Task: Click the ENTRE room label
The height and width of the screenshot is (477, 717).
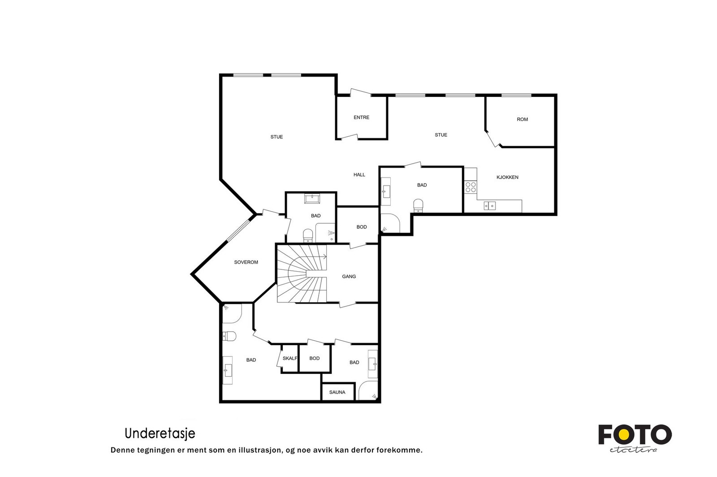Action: point(361,117)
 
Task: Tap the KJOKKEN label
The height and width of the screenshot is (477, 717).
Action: point(507,177)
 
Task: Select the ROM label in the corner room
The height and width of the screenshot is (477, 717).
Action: point(522,119)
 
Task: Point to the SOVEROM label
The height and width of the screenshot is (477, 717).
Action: point(246,262)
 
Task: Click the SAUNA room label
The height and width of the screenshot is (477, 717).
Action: point(337,392)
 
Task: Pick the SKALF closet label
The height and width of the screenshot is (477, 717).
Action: point(290,358)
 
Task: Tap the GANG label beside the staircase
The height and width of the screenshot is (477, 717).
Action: point(349,277)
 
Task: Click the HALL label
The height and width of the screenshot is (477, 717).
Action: point(359,175)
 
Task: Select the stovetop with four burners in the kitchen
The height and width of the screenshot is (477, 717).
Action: point(471,187)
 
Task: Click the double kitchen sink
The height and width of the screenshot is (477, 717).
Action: point(489,206)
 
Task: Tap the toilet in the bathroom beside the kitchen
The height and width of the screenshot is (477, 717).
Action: point(418,205)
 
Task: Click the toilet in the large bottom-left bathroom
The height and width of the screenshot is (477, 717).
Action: point(229,336)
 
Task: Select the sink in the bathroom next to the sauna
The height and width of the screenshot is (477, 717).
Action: point(372,364)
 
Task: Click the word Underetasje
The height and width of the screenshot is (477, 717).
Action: point(160,434)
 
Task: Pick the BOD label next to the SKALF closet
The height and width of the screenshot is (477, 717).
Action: point(314,358)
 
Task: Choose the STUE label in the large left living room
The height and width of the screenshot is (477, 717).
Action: point(276,137)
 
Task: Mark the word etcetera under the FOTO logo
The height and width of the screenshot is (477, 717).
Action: point(633,450)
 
